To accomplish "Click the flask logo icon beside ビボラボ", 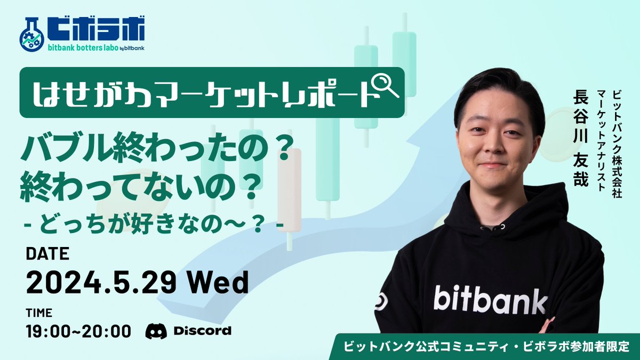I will click(30, 35).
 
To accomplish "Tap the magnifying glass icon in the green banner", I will click(385, 85).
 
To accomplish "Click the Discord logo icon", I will click(156, 331).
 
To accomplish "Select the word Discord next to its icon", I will click(202, 331).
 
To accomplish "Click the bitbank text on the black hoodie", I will click(490, 299).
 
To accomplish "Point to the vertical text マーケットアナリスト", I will click(603, 139).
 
